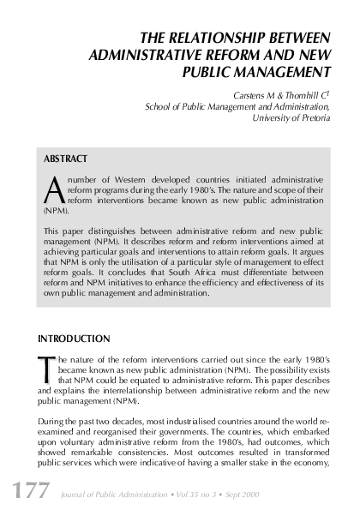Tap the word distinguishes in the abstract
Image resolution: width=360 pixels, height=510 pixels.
pos(114,232)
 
